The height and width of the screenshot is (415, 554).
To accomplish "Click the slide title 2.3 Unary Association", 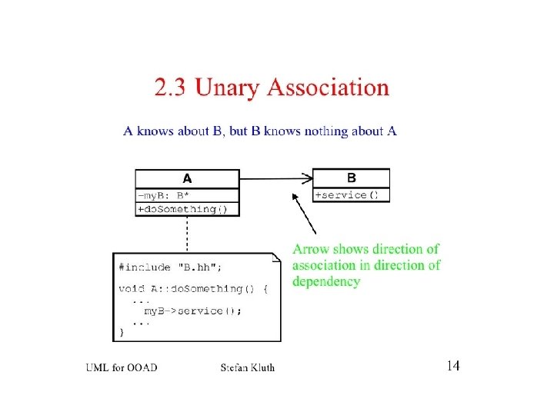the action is [x=272, y=88].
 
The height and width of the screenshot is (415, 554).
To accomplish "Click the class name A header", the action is [x=187, y=178].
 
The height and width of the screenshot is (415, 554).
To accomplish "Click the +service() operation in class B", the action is [x=348, y=195].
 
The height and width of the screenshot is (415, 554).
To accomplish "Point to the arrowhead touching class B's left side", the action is [x=309, y=178].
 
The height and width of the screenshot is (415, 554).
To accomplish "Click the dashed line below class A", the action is [x=186, y=234].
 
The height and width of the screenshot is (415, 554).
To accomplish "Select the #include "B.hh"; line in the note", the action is [x=171, y=267].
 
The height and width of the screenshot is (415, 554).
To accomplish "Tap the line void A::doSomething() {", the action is [x=193, y=289].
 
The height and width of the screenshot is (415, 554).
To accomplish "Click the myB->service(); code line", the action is [x=193, y=310].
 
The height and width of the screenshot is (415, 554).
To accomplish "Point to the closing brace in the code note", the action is [x=121, y=333].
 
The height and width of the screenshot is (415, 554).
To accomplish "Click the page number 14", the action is [x=452, y=366].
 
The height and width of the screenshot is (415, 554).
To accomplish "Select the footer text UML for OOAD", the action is [x=122, y=367].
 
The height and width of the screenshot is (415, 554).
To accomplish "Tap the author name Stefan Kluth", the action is [x=247, y=367].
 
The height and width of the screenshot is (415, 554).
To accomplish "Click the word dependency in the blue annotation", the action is [x=326, y=282].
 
